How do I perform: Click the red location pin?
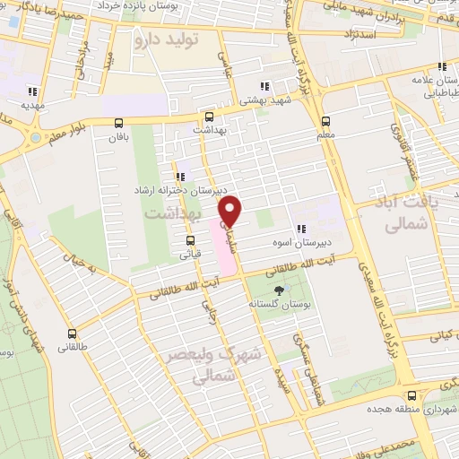pyautogui.click(x=231, y=210)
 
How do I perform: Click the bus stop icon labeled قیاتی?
pyautogui.click(x=189, y=240)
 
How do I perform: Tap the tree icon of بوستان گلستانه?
pyautogui.click(x=278, y=290)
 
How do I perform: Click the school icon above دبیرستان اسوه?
pyautogui.click(x=302, y=229)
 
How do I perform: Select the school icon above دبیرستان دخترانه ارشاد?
pyautogui.click(x=182, y=176)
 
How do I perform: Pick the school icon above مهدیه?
pyautogui.click(x=32, y=91)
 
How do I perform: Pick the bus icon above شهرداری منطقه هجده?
pyautogui.click(x=411, y=395)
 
